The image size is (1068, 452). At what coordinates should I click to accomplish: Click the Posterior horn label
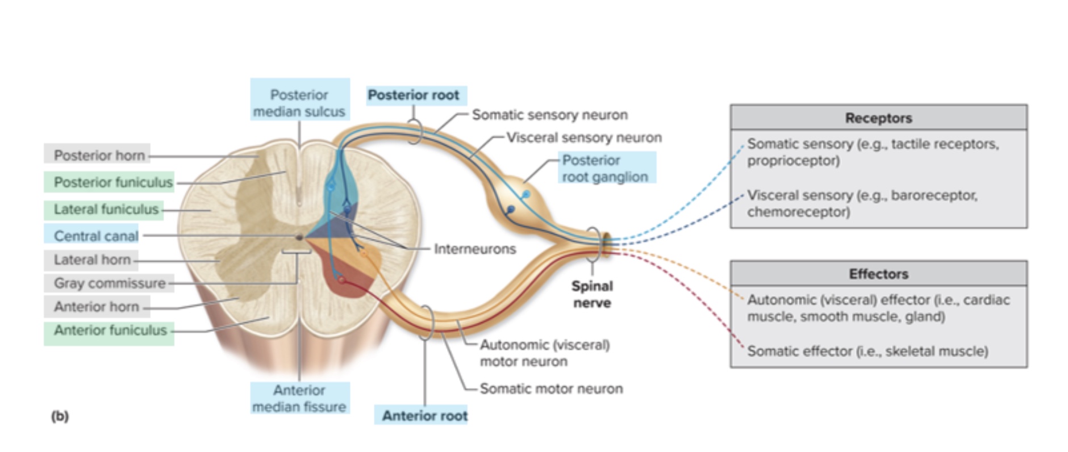[99, 155]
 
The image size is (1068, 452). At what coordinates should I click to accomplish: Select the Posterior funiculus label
[112, 182]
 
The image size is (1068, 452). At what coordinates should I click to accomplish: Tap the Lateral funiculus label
[106, 210]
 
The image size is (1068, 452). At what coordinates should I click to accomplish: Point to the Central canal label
[95, 236]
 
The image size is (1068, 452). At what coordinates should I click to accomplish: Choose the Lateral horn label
[92, 260]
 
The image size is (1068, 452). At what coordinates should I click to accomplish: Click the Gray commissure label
[110, 283]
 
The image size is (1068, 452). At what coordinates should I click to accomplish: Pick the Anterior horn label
[96, 307]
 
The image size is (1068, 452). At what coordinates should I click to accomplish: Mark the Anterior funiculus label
[110, 330]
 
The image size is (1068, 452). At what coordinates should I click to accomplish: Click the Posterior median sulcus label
[299, 103]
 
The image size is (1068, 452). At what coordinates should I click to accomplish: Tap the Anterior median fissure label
[299, 398]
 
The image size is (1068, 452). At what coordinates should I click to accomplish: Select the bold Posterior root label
[414, 95]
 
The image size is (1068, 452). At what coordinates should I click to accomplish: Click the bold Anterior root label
[424, 416]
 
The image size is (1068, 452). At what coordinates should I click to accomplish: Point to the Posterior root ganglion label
[604, 168]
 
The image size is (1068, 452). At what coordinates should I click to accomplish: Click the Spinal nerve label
[592, 294]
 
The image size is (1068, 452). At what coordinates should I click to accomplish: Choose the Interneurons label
[475, 249]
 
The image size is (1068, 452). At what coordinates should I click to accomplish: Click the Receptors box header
[878, 118]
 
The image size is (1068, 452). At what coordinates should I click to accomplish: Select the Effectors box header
[878, 274]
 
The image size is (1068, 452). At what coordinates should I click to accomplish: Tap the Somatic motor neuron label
[550, 388]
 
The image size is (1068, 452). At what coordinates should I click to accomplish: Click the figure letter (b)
[60, 416]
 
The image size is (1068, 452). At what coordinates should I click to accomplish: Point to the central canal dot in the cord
[299, 237]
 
